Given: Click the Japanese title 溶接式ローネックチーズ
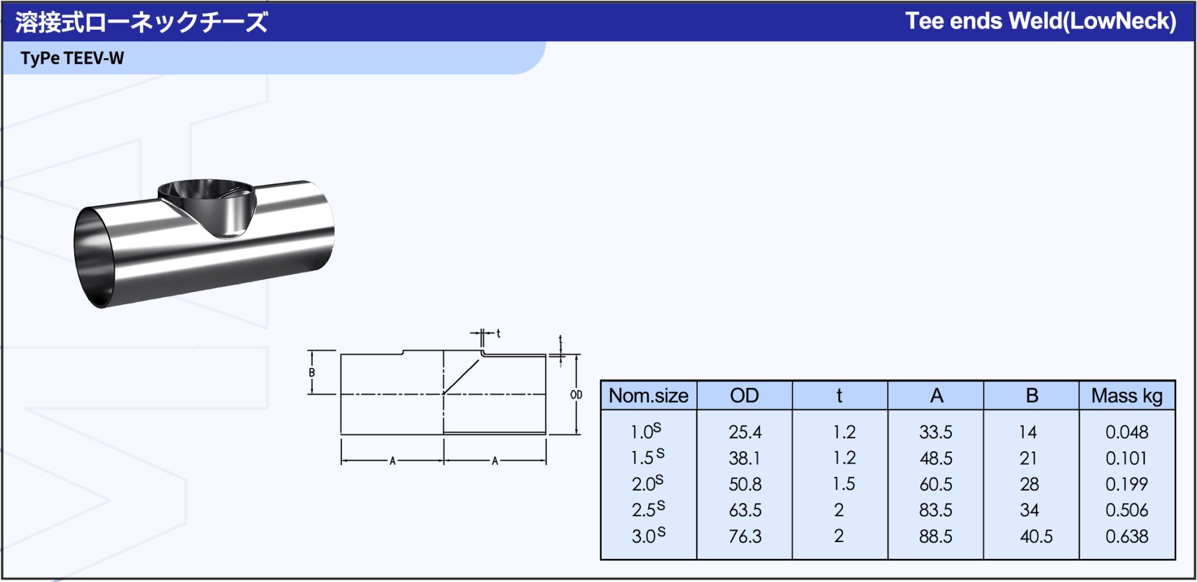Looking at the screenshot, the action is pyautogui.click(x=141, y=23).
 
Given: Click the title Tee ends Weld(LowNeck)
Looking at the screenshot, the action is pyautogui.click(x=1040, y=21).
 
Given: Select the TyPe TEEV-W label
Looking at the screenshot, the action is pyautogui.click(x=72, y=58).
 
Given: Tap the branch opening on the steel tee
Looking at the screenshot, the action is pyautogui.click(x=206, y=193).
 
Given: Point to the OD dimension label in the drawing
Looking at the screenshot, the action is pyautogui.click(x=576, y=394).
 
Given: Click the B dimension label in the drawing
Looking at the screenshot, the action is pyautogui.click(x=312, y=373).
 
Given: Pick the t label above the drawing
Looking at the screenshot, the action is pyautogui.click(x=499, y=333).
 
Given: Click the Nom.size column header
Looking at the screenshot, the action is pyautogui.click(x=648, y=395).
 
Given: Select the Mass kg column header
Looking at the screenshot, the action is pyautogui.click(x=1127, y=396).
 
